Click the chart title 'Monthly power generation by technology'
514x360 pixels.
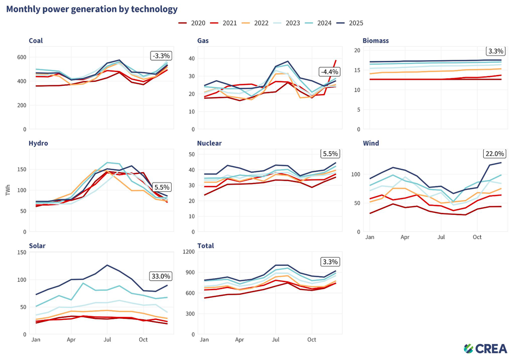tap(92, 9)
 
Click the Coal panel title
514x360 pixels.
tap(36, 40)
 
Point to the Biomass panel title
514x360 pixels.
tap(376, 40)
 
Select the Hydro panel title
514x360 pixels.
tap(39, 143)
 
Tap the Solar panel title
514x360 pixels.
tap(37, 246)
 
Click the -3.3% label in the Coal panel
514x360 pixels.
tap(161, 56)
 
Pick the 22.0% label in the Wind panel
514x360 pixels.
tap(494, 154)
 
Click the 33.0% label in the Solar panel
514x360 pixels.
tap(160, 276)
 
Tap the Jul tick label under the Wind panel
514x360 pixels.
tap(441, 237)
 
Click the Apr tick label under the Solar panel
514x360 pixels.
tap(71, 339)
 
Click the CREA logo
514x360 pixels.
tap(486, 349)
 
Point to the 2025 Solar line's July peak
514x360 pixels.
tap(107, 265)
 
